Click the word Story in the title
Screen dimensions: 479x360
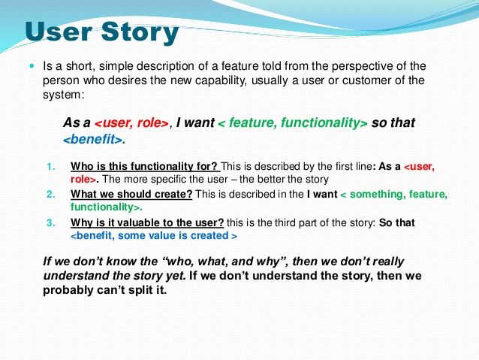(x=140, y=33)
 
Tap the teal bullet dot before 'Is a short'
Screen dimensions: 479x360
(x=32, y=65)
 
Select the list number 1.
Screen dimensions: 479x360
(x=51, y=167)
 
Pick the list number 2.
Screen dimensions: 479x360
(x=51, y=195)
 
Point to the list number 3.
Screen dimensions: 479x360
(x=51, y=222)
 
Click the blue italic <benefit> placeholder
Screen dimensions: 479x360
(x=94, y=139)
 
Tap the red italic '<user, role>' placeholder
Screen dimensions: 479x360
(x=131, y=123)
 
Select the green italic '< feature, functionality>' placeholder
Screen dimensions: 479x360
(x=293, y=123)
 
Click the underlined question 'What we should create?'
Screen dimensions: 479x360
(x=131, y=194)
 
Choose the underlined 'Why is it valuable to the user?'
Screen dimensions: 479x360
(x=147, y=222)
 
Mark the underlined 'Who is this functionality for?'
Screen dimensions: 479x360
(x=146, y=166)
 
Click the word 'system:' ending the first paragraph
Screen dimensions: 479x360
(x=63, y=95)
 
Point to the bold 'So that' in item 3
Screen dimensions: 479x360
(x=397, y=222)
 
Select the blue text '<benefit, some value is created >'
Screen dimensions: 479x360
(x=154, y=235)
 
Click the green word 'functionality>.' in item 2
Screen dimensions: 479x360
(x=107, y=207)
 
